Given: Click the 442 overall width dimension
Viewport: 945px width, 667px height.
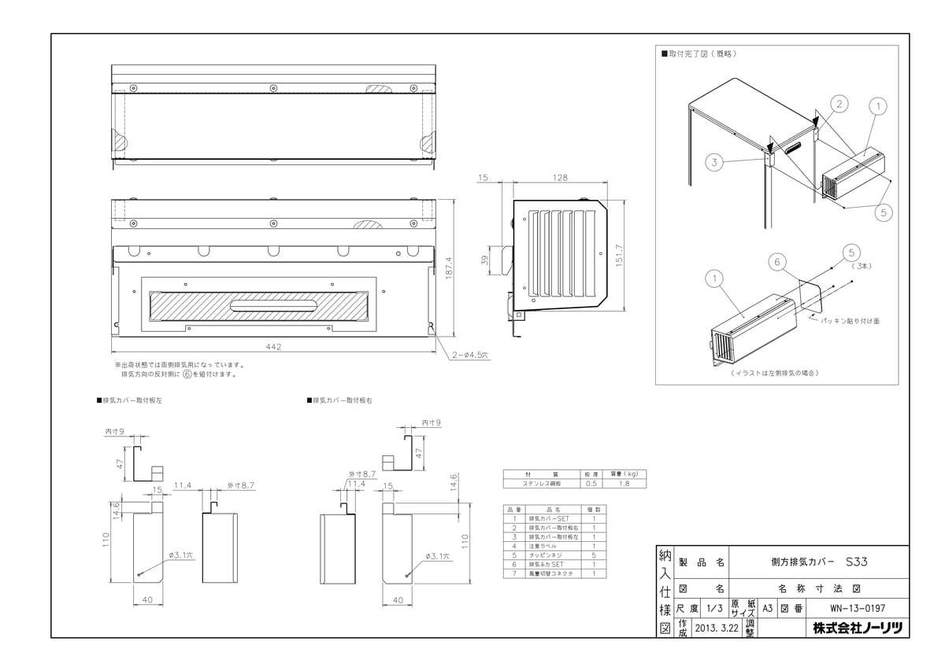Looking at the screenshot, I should click(274, 346).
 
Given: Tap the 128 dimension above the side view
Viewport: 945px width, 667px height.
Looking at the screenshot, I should click(560, 179).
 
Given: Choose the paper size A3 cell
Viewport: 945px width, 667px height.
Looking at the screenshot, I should click(767, 609).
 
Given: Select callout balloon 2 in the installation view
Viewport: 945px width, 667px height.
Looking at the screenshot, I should click(839, 104).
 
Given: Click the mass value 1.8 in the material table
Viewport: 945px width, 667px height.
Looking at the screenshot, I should click(623, 483).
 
